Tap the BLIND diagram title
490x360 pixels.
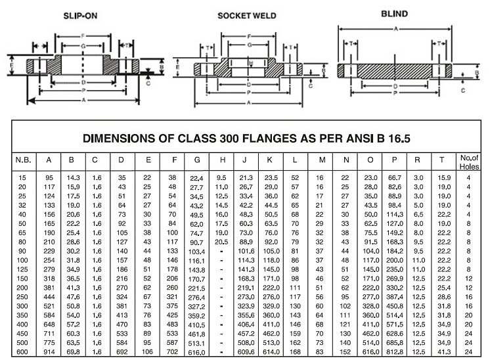click(395, 13)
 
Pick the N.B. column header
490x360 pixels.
click(22, 160)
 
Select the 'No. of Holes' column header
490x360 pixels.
click(468, 162)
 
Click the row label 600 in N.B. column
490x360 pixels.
click(22, 351)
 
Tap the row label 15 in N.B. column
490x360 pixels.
click(22, 178)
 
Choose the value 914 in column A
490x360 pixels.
click(49, 351)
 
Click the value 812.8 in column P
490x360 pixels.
click(393, 351)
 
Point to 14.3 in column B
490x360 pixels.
click(72, 178)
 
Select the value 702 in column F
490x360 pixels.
click(172, 351)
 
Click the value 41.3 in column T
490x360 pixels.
click(444, 351)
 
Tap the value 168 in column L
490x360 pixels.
click(295, 351)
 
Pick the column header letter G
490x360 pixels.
click(196, 160)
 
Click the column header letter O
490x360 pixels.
click(370, 160)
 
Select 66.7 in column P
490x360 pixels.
click(394, 178)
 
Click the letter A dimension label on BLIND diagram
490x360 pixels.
click(395, 29)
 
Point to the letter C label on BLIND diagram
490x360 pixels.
click(464, 89)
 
